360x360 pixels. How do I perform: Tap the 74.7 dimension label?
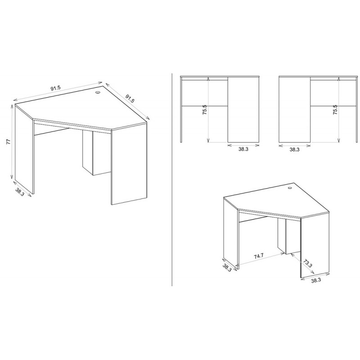click(x=258, y=256)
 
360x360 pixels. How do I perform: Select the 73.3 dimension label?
click(x=307, y=263)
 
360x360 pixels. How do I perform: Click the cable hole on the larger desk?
click(x=98, y=92)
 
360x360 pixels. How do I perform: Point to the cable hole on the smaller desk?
click(x=289, y=189)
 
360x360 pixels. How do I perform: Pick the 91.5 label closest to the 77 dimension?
click(x=55, y=88)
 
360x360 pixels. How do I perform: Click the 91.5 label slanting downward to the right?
click(x=130, y=98)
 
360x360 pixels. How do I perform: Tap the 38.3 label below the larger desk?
click(x=20, y=192)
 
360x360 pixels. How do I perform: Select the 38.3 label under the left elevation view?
click(x=243, y=149)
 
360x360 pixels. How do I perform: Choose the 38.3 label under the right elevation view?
click(x=294, y=149)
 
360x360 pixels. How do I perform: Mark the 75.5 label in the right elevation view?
click(x=335, y=110)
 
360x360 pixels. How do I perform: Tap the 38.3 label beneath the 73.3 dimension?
click(x=316, y=280)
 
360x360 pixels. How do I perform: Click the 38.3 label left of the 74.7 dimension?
click(x=227, y=267)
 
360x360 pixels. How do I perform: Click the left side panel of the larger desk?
click(x=24, y=149)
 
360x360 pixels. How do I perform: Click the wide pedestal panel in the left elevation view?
click(x=243, y=110)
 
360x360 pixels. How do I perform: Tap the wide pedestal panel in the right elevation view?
click(x=294, y=110)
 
